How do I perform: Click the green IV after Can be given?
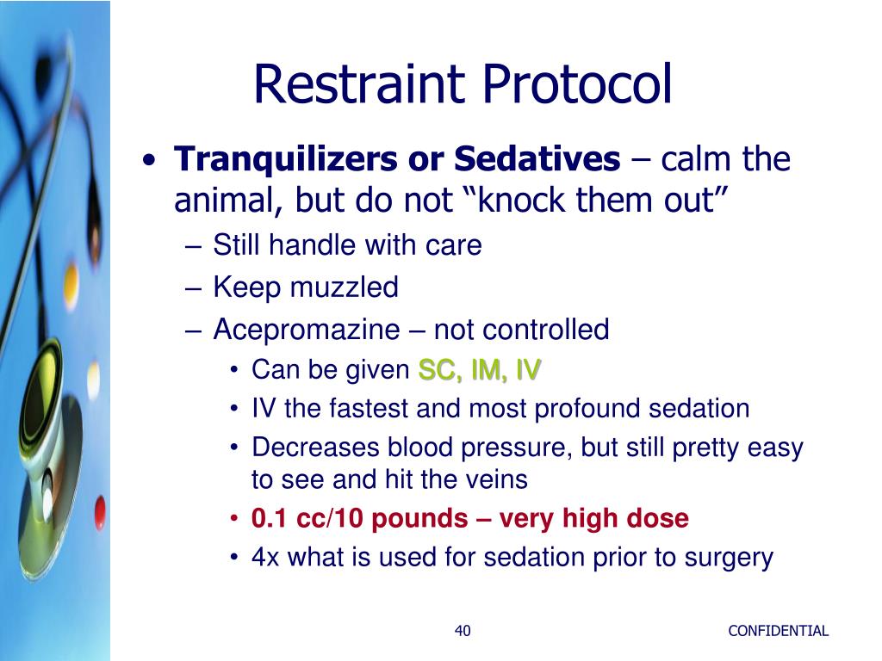[528, 370]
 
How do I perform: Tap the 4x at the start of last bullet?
[266, 557]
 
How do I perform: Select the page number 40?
[463, 631]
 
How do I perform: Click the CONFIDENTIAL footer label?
[778, 631]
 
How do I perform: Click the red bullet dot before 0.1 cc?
[234, 519]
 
